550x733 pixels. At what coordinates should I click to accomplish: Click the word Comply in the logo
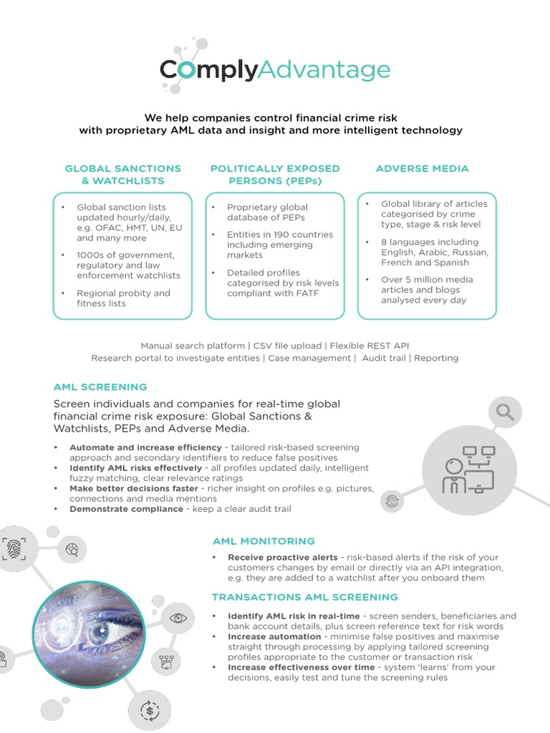tap(208, 70)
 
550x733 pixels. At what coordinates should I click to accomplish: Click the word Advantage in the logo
tap(324, 70)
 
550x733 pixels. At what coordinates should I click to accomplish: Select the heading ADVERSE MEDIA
tap(422, 168)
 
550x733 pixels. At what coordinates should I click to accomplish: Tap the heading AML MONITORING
tap(264, 541)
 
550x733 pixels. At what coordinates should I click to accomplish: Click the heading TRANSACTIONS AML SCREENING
tap(305, 597)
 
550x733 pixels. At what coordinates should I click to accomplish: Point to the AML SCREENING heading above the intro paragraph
tap(100, 387)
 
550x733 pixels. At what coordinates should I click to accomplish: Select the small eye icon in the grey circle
tap(178, 617)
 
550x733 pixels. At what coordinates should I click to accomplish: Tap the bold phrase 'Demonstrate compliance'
tap(126, 509)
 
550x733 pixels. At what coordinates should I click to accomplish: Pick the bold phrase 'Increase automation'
tap(274, 636)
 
